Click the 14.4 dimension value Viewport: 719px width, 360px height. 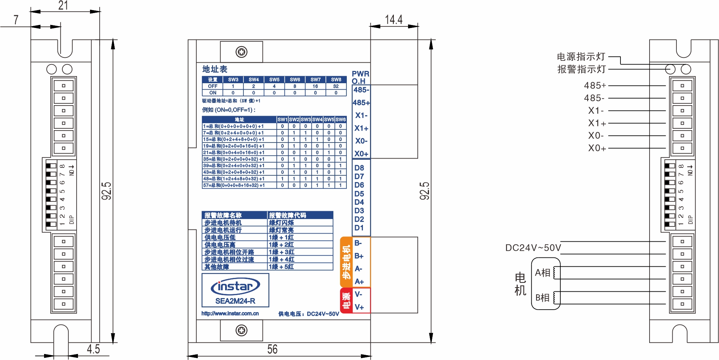(393, 19)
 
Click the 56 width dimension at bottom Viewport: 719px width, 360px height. (272, 349)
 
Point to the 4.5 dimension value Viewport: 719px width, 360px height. (93, 349)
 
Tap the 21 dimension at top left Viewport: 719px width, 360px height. (63, 5)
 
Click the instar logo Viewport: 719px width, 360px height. (235, 287)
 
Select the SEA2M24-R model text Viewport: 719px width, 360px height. (235, 301)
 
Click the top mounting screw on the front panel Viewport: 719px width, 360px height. (242, 52)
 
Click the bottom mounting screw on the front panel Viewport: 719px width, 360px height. (242, 330)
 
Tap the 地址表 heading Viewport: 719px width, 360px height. (215, 69)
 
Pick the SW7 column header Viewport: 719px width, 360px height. (315, 79)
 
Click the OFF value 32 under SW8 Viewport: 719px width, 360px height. (336, 86)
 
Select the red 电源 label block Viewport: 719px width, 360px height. (346, 301)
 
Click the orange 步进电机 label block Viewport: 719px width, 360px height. (346, 262)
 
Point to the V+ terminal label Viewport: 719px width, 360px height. (359, 307)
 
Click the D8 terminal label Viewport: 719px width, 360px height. (359, 168)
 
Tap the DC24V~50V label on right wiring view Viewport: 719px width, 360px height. (533, 248)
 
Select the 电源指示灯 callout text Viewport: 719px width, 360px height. (581, 57)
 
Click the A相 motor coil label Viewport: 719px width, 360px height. (542, 273)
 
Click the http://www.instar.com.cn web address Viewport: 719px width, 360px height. (230, 314)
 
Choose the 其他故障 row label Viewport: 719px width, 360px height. (217, 267)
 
